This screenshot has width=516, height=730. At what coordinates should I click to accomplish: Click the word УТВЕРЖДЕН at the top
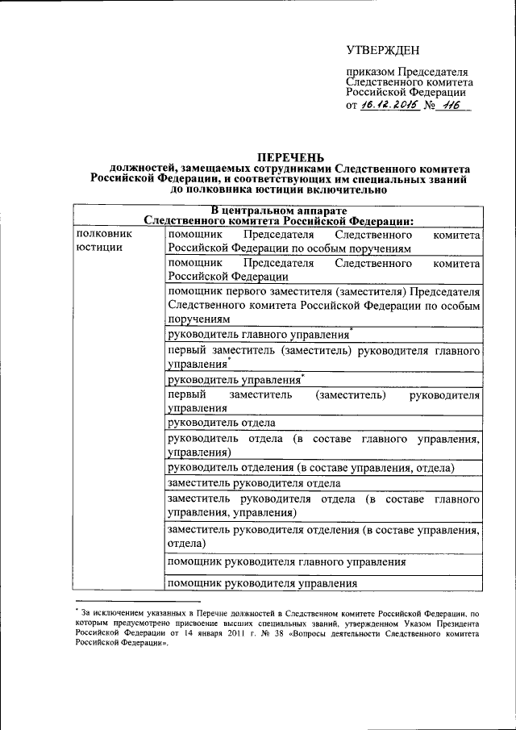[383, 50]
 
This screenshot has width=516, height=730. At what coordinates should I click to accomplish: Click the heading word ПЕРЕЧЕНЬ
[291, 156]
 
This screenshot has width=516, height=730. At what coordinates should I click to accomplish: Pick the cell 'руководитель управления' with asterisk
[234, 380]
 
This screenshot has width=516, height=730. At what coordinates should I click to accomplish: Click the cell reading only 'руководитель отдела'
[222, 423]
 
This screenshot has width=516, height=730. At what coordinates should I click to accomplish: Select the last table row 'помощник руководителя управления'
[262, 583]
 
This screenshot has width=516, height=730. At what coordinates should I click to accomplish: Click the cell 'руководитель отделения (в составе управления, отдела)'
[310, 468]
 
